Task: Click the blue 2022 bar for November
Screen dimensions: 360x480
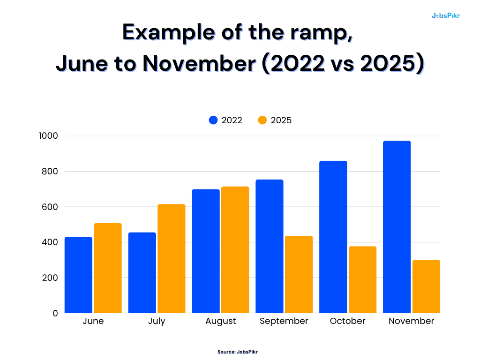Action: [397, 227]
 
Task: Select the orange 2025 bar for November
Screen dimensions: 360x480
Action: [426, 287]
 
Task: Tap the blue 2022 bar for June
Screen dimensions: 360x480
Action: [78, 275]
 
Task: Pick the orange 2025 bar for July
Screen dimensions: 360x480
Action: [171, 259]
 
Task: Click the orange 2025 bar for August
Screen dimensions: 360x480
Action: [235, 250]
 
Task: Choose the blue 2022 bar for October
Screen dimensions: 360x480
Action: [333, 237]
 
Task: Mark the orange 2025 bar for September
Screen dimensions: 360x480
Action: [299, 275]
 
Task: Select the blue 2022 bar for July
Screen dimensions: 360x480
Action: [142, 273]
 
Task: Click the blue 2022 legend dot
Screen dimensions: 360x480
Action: [213, 120]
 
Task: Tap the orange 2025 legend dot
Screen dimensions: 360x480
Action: [262, 120]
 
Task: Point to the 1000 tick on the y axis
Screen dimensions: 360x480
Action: [48, 136]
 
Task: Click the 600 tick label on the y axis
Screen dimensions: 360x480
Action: [50, 207]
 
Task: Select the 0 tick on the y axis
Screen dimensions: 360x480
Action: [55, 313]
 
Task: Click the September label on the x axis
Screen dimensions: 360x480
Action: [284, 321]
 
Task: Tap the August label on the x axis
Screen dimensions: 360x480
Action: [220, 322]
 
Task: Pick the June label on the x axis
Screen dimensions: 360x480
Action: [93, 321]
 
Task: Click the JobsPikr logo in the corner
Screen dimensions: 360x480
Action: [445, 15]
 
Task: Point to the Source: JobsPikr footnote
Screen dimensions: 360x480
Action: [237, 352]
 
